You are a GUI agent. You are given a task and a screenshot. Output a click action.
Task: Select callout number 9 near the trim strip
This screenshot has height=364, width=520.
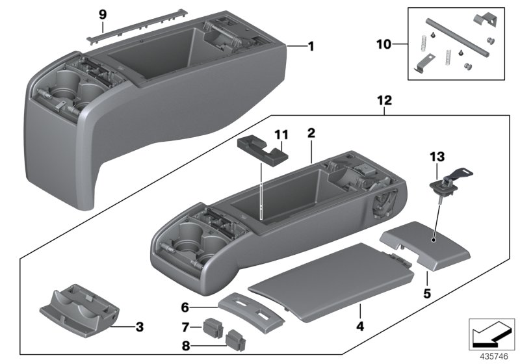pyautogui.click(x=101, y=14)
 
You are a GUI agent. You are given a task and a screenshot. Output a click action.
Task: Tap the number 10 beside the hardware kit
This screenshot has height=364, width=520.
pyautogui.click(x=384, y=45)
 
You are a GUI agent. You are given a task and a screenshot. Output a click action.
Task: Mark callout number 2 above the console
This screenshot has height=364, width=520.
pyautogui.click(x=311, y=133)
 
